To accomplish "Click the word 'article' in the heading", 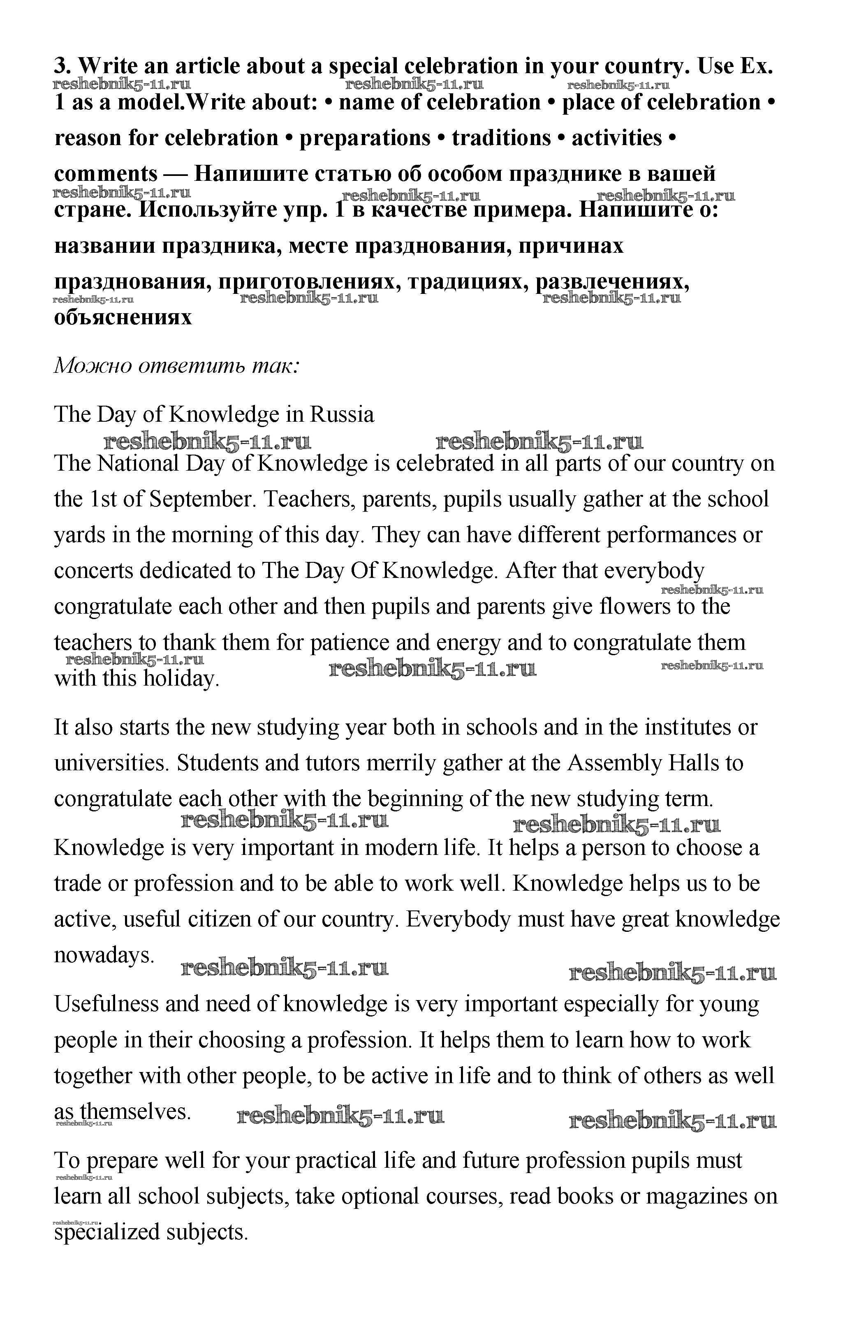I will point(206,66).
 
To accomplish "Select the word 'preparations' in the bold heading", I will point(365,138).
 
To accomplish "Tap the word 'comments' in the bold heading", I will point(106,173).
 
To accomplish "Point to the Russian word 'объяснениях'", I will point(123,317).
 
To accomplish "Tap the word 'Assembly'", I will point(614,763).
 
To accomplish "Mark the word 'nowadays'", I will point(103,955).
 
